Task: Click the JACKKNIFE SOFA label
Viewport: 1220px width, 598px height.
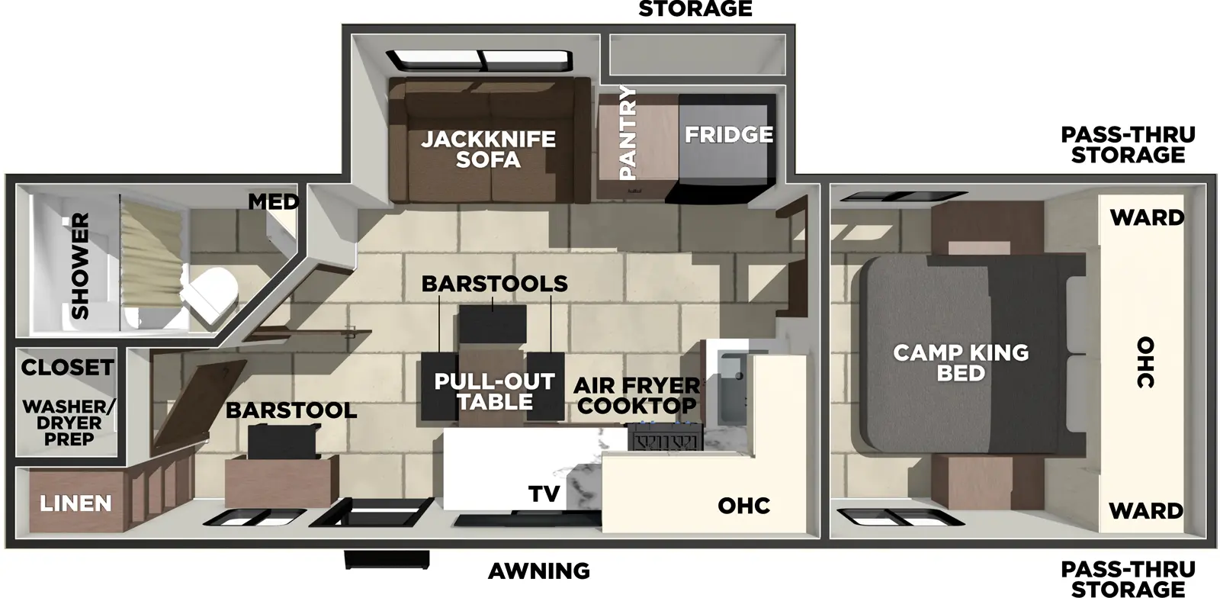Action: coord(489,149)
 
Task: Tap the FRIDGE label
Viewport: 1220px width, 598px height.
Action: coord(728,135)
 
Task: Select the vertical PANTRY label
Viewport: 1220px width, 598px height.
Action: coord(628,133)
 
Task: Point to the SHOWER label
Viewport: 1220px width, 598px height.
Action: coord(80,265)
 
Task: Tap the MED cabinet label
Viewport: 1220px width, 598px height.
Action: coord(273,202)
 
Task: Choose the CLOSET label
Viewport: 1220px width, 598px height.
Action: coord(67,368)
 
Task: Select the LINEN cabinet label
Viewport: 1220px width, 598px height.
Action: coord(75,503)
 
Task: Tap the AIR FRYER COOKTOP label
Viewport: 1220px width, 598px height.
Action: coord(637,395)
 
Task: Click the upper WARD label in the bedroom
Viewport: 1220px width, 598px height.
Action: coord(1146,217)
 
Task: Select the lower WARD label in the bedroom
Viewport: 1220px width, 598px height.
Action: coord(1146,510)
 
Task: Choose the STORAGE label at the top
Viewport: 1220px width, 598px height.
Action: coord(695,9)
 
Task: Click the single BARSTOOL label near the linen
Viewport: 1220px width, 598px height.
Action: coord(291,410)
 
